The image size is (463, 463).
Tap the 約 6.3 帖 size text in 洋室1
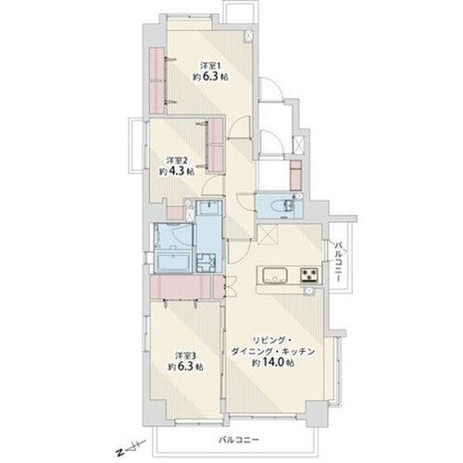click(x=210, y=77)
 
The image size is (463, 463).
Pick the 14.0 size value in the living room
click(x=273, y=362)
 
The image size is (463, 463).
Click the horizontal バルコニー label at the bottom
click(x=239, y=439)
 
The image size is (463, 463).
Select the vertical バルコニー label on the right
click(x=339, y=262)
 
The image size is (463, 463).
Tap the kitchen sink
click(x=275, y=275)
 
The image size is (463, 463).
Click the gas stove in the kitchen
click(x=309, y=275)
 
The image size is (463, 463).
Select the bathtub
click(x=172, y=262)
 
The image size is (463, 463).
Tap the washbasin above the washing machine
click(x=209, y=207)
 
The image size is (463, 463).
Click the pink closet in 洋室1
click(x=157, y=81)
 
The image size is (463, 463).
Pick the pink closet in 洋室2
click(x=216, y=145)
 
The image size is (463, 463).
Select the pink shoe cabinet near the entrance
click(x=295, y=175)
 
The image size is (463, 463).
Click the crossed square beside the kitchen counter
click(x=268, y=234)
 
